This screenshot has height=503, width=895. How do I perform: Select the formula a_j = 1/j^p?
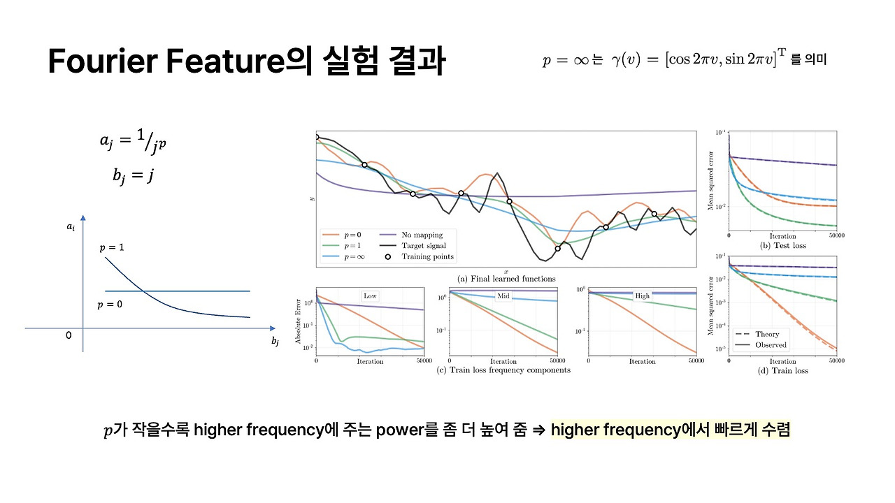coord(133,143)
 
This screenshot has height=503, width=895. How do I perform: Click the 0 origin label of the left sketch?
coord(69,336)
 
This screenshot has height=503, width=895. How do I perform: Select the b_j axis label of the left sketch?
coord(275,341)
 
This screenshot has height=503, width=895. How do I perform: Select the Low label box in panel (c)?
coord(370,296)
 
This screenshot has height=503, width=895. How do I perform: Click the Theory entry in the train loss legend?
coord(767,334)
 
